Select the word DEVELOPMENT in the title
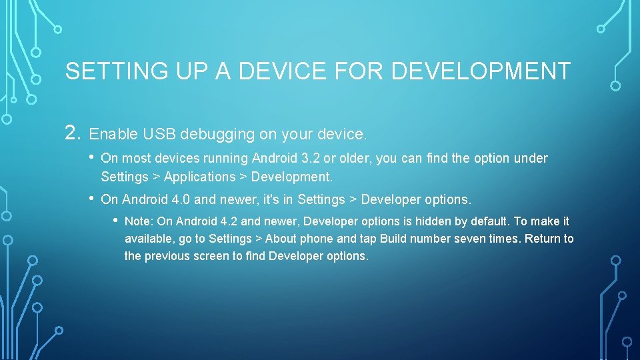[x=481, y=71]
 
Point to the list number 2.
[x=73, y=133]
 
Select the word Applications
[x=200, y=177]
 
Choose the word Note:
[x=139, y=221]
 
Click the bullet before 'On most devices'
[x=92, y=158]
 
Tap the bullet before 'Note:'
[x=115, y=221]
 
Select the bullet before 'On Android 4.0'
[x=92, y=199]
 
